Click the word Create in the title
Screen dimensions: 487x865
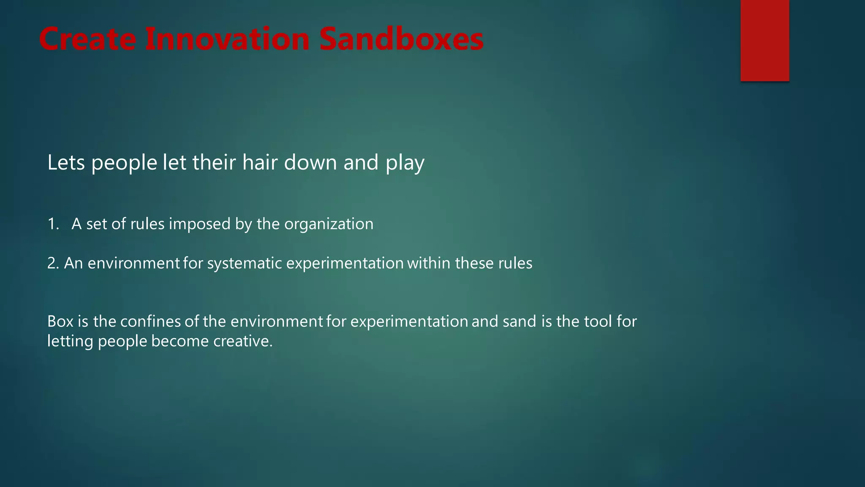[87, 39]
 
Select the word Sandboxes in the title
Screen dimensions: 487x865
[401, 39]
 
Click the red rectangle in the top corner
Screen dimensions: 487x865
[764, 40]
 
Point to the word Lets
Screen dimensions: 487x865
[66, 163]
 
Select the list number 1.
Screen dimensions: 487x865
[53, 224]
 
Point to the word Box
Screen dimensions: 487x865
[60, 322]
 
